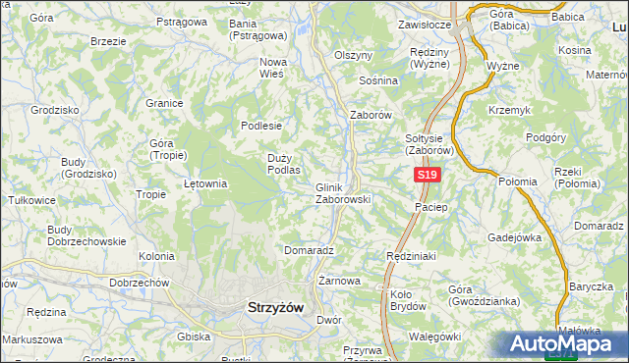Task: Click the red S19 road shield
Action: [426, 175]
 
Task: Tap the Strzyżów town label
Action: [272, 307]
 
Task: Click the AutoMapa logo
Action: [565, 344]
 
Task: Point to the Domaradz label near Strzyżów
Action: [309, 250]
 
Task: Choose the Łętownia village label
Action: [205, 182]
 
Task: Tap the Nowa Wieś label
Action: [272, 68]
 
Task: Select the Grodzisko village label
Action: [54, 111]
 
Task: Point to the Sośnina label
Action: [378, 80]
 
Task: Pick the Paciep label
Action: [431, 208]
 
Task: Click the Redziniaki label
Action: [412, 255]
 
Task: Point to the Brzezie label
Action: [107, 42]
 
